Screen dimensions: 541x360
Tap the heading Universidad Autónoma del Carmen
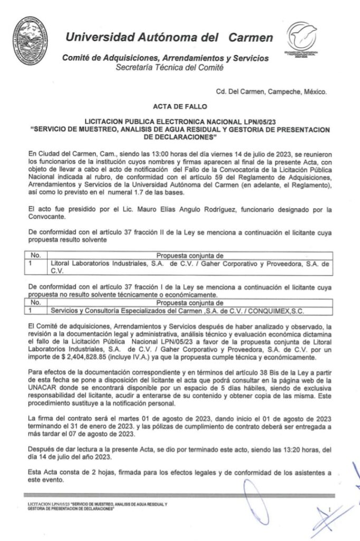(x=169, y=38)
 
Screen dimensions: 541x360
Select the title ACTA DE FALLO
(x=179, y=106)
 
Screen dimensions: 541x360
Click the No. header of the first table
(x=35, y=255)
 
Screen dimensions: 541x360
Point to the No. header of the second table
(x=35, y=303)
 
